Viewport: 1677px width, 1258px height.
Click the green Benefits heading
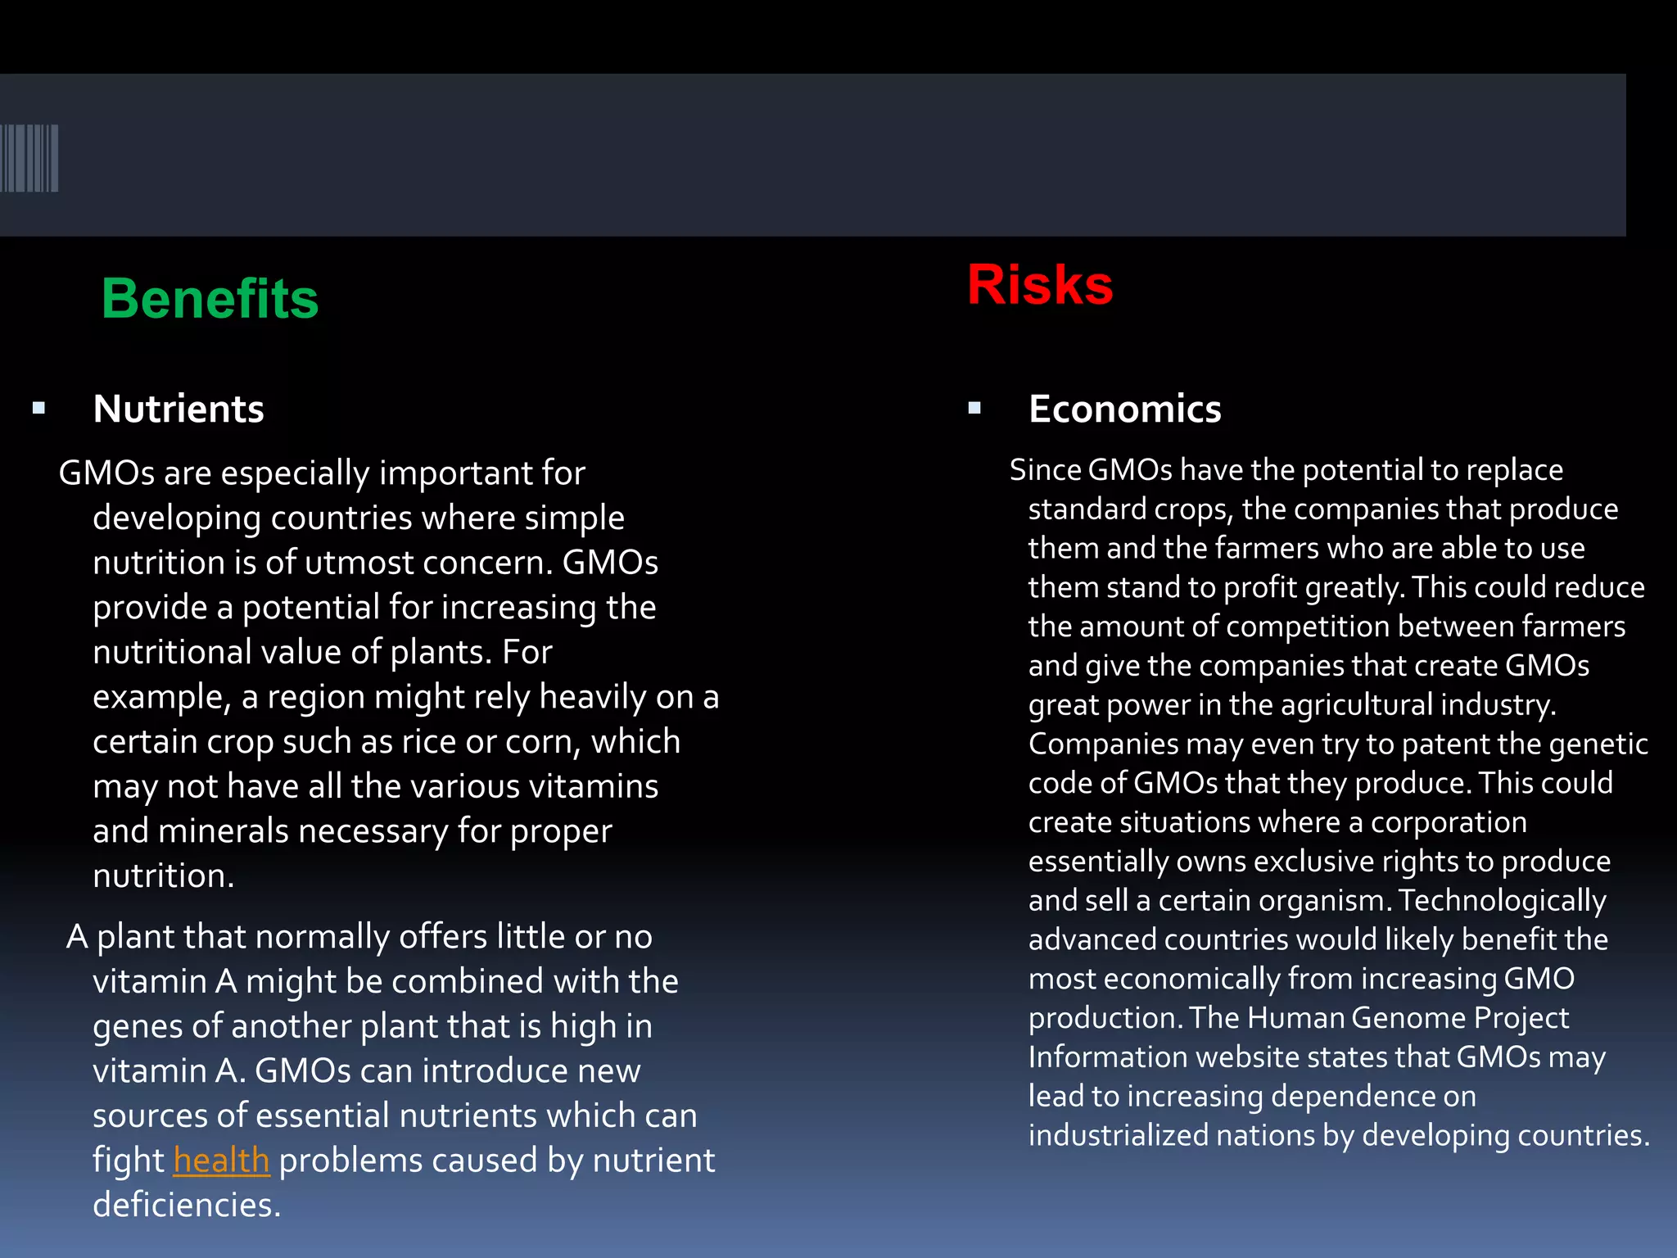coord(210,298)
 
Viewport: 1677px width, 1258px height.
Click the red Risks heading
coord(1040,285)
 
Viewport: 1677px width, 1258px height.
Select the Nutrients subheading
coord(179,409)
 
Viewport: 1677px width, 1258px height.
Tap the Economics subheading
coord(1124,409)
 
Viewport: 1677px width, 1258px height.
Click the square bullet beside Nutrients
coord(38,408)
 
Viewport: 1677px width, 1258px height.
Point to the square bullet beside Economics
coord(974,408)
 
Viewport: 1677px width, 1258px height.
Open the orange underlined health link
coord(221,1161)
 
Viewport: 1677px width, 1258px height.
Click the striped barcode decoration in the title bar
coord(29,158)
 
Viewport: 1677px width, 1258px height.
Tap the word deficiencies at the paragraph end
coord(186,1205)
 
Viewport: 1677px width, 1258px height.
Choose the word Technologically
coord(1502,901)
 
